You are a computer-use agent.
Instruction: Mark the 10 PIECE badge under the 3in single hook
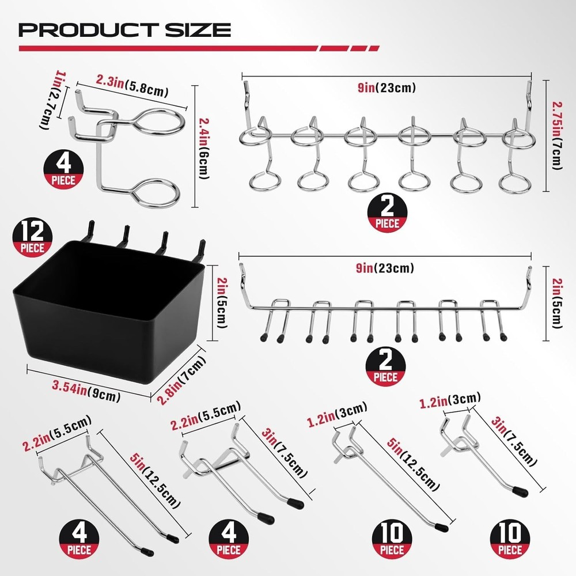(510, 541)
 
